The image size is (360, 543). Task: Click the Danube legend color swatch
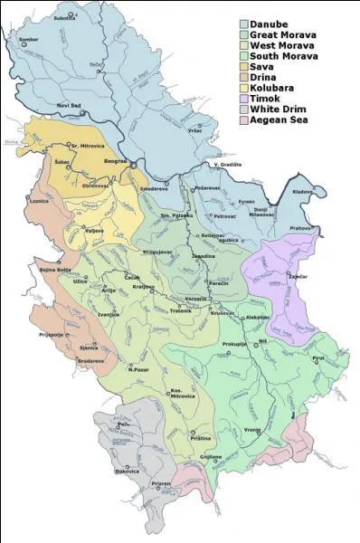tap(245, 24)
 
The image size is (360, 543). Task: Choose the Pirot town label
tap(318, 359)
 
